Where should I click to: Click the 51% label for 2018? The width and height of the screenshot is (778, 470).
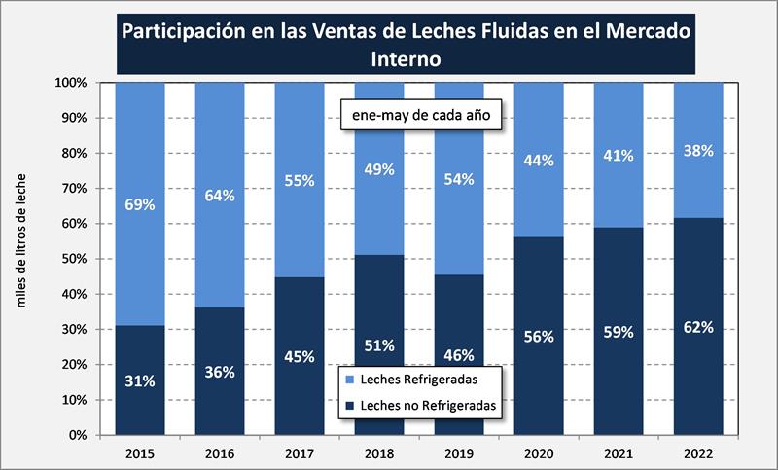[379, 345]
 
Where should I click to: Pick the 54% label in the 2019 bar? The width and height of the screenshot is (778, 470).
[459, 178]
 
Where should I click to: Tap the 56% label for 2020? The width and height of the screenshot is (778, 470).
[538, 336]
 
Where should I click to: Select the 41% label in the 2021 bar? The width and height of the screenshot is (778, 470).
[618, 156]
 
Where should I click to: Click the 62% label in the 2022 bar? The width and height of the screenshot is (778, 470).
[697, 327]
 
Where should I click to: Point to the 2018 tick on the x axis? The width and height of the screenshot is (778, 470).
[379, 453]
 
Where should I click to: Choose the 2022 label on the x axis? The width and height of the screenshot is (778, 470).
[697, 453]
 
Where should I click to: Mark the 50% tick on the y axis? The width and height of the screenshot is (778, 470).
[74, 259]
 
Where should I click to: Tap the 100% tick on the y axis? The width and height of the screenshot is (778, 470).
[71, 83]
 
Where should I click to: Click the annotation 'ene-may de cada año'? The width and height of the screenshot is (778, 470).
[418, 115]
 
